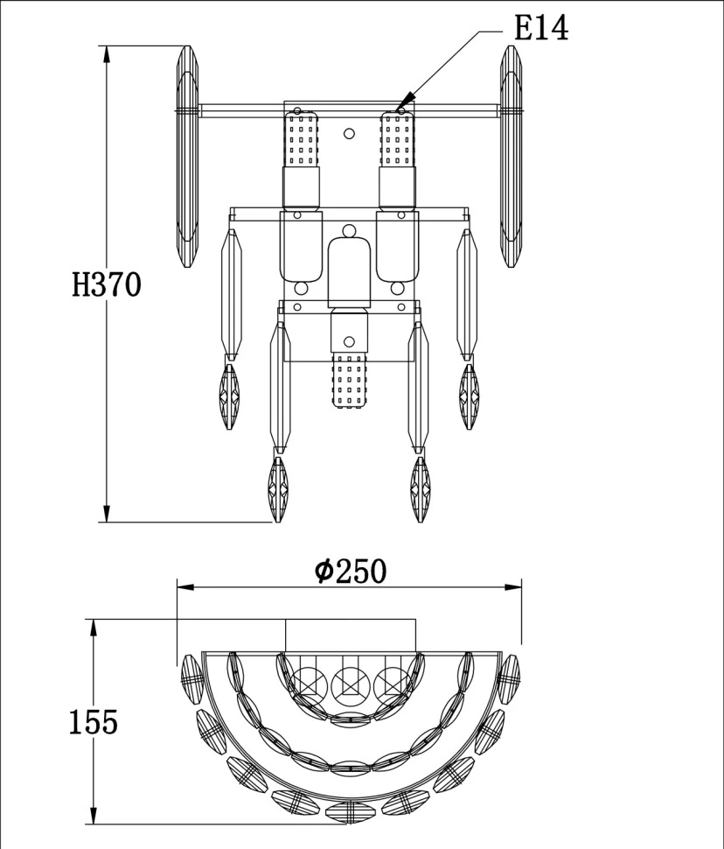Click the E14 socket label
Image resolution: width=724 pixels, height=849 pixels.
541,29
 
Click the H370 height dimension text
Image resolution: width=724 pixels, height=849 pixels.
106,284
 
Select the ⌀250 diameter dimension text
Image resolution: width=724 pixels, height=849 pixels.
350,572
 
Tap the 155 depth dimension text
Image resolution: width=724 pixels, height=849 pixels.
93,722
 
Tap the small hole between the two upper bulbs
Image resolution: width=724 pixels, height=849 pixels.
349,134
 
